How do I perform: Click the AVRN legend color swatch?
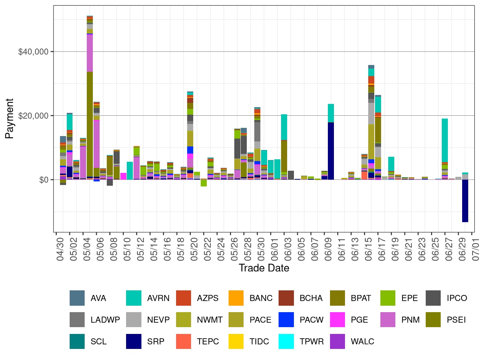pyautogui.click(x=134, y=298)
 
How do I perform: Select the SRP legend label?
pyautogui.click(x=156, y=341)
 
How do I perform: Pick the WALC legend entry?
pyautogui.click(x=362, y=341)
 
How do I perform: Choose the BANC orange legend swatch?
pyautogui.click(x=236, y=298)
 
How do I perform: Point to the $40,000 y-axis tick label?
pyautogui.click(x=33, y=52)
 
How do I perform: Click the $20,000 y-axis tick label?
pyautogui.click(x=33, y=116)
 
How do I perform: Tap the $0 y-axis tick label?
pyautogui.click(x=44, y=180)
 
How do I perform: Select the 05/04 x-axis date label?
pyautogui.click(x=87, y=246)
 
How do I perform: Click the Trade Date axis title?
pyautogui.click(x=264, y=268)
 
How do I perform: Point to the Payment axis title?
pyautogui.click(x=10, y=119)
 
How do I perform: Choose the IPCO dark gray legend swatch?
pyautogui.click(x=434, y=298)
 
